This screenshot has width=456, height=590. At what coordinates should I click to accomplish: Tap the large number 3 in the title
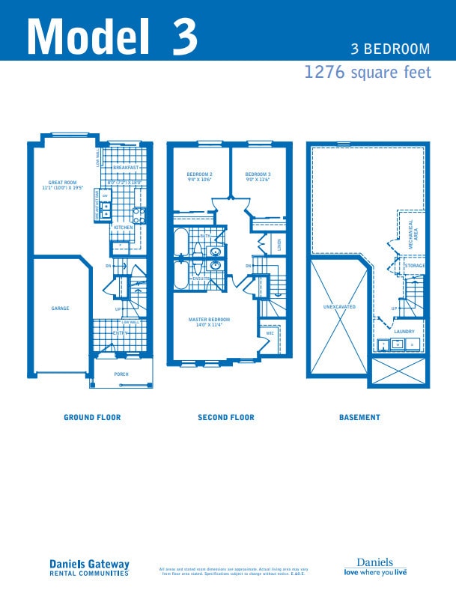183,34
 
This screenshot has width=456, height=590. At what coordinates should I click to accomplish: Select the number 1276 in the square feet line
324,73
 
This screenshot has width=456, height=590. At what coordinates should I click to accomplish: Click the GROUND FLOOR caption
92,417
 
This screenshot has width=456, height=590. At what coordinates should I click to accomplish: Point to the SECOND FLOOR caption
225,417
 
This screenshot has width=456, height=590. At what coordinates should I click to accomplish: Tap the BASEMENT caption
359,417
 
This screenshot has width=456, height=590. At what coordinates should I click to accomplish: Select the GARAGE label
60,308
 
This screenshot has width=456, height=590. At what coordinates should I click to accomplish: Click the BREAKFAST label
126,168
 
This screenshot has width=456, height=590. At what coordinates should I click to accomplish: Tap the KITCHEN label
124,227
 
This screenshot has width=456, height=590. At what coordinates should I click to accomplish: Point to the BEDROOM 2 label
199,174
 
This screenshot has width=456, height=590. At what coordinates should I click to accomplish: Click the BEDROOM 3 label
258,174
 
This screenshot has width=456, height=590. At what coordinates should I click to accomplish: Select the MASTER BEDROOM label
209,320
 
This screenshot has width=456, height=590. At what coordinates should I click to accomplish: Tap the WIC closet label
270,334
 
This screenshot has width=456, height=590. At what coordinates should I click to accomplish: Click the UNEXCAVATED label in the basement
339,307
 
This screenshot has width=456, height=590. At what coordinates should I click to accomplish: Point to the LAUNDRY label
404,331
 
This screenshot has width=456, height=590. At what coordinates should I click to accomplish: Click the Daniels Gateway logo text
89,565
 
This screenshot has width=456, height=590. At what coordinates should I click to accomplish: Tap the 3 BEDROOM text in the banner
390,49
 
